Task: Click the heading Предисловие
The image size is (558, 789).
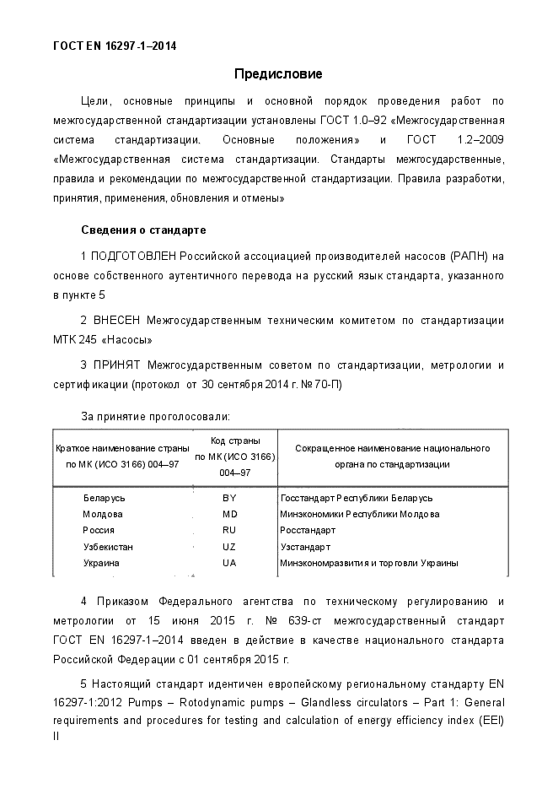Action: click(278, 74)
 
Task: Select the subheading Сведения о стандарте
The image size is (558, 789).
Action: click(143, 230)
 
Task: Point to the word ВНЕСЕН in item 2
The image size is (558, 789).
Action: click(116, 320)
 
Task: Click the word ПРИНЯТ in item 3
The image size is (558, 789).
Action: click(116, 365)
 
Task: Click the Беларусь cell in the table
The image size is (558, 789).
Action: click(105, 498)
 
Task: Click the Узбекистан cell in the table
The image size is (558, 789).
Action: click(108, 547)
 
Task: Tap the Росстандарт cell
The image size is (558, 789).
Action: click(308, 530)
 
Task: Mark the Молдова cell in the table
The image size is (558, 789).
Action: click(103, 514)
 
